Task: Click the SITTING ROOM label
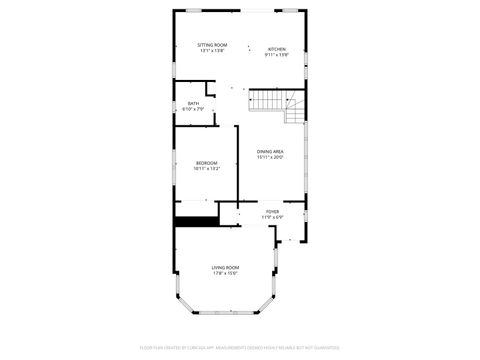[x=211, y=45]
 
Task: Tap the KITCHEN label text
[x=276, y=49]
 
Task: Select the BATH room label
[x=193, y=103]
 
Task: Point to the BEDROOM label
[x=207, y=163]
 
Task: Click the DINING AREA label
[x=270, y=151]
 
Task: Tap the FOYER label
[x=272, y=211]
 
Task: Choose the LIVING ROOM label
[x=225, y=267]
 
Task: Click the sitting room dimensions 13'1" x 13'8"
[x=211, y=52]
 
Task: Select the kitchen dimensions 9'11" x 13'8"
[x=276, y=56]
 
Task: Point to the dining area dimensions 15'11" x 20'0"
[x=270, y=158]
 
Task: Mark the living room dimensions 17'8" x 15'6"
[x=225, y=274]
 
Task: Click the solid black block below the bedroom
[x=196, y=222]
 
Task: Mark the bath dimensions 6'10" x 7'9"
[x=193, y=109]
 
